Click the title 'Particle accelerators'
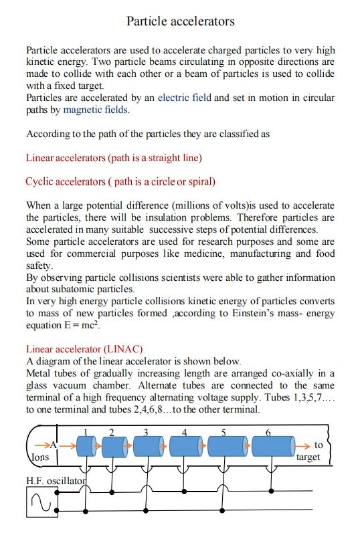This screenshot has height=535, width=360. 180,21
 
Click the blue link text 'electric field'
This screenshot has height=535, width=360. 184,98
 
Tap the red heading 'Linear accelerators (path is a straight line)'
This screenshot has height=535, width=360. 114,158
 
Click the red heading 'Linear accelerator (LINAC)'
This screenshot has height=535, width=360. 84,348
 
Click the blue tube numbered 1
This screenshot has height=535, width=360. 85,446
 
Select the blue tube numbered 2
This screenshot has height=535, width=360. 114,446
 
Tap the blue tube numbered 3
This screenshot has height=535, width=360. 148,446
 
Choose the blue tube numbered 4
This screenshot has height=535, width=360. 186,446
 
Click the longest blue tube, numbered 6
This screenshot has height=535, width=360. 270,446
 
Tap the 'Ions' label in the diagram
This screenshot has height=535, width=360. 40,458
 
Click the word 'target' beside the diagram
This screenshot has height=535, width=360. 308,457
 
